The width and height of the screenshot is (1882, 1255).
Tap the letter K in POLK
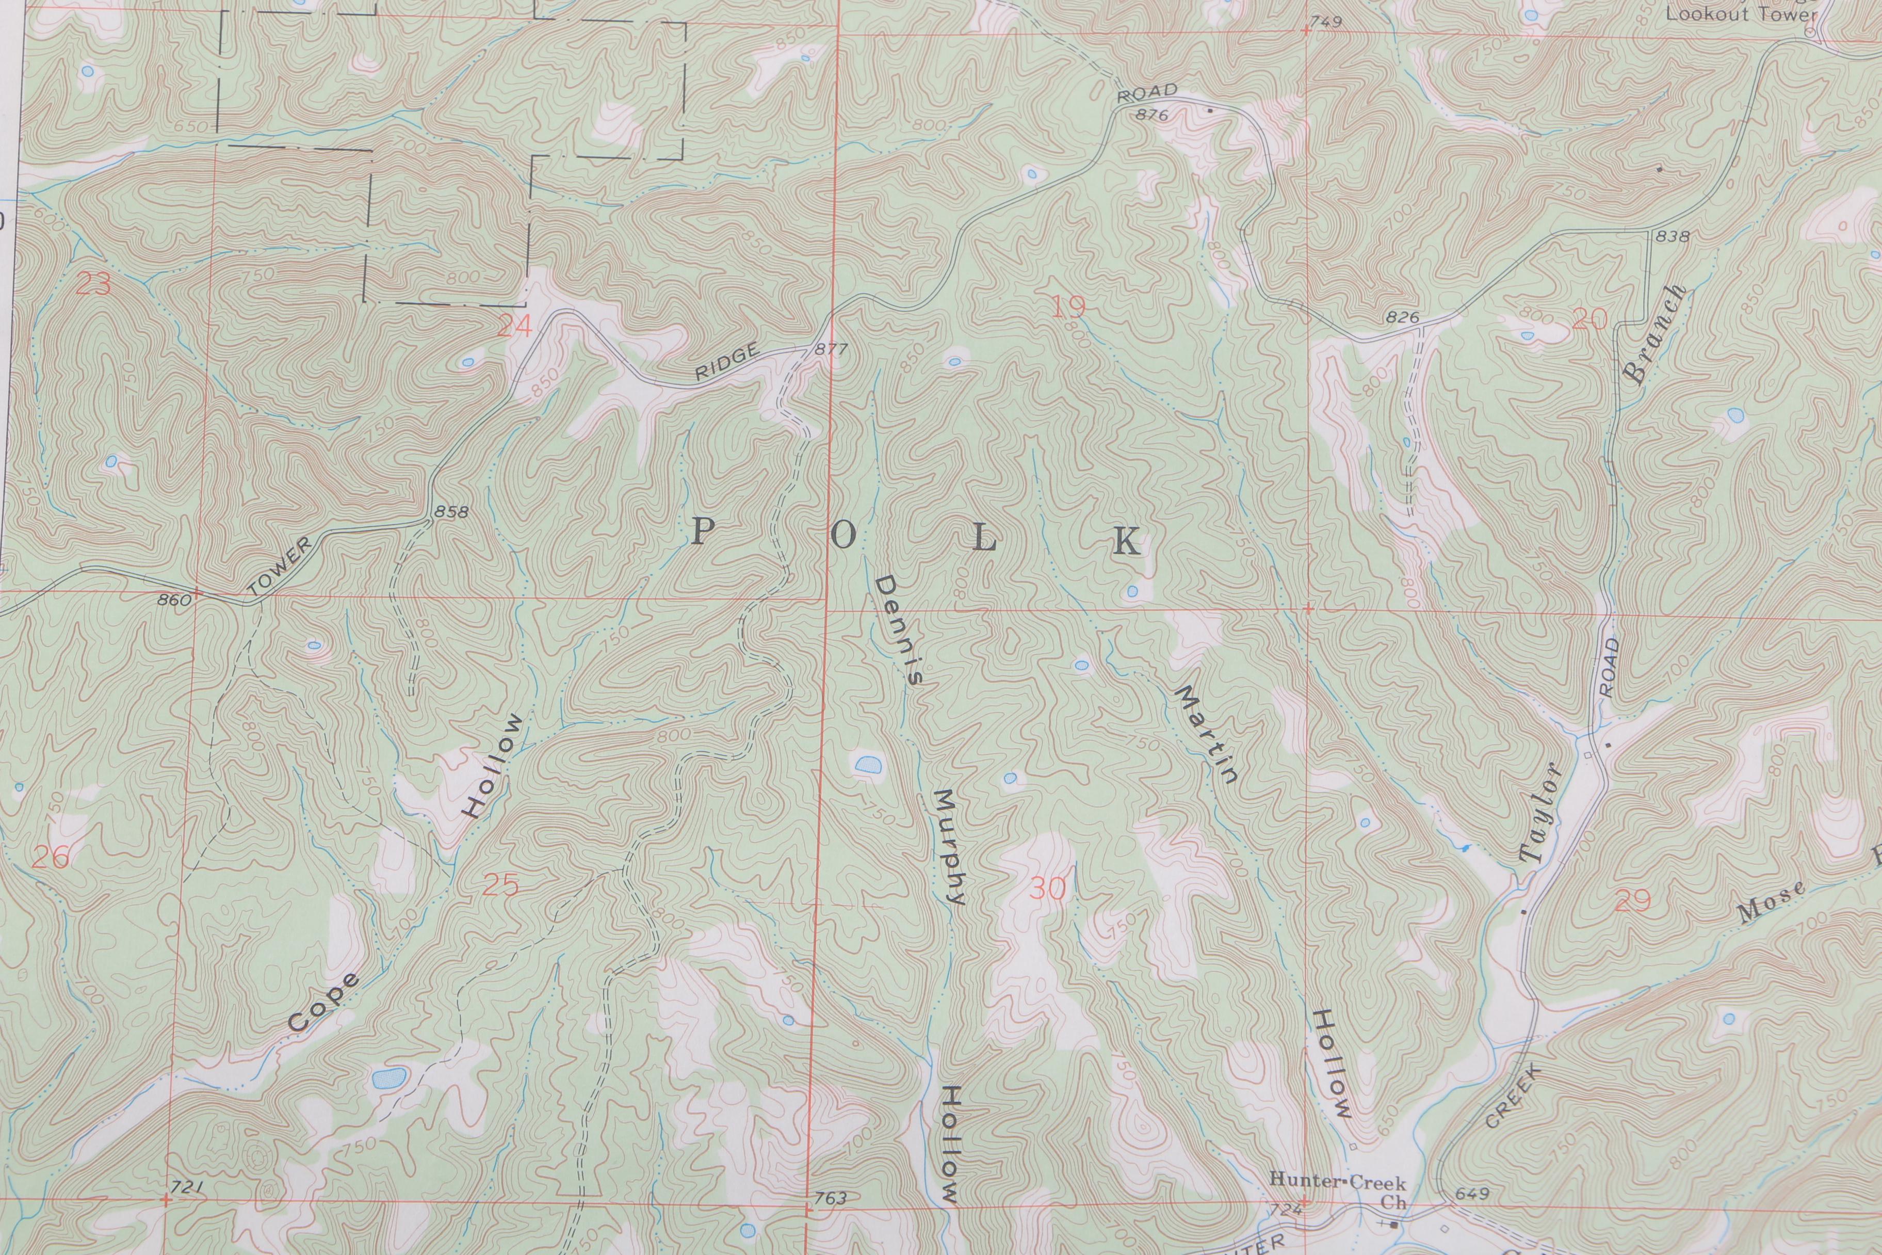(1127, 543)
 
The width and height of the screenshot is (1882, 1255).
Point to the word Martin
(1206, 733)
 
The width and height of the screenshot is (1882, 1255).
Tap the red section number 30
(1047, 889)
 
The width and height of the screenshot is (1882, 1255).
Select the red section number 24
(514, 326)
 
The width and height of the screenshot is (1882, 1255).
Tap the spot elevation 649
(1472, 1194)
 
